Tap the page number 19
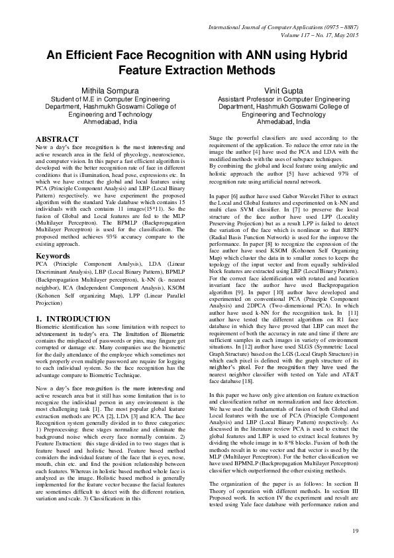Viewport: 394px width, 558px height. [355, 530]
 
